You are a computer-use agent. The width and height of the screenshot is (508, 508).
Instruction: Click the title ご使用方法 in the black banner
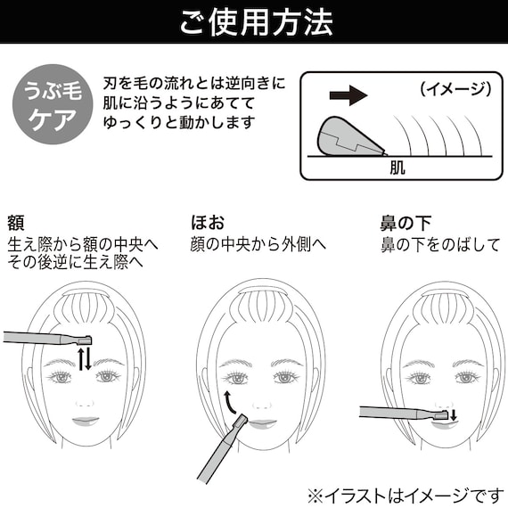pyautogui.click(x=253, y=20)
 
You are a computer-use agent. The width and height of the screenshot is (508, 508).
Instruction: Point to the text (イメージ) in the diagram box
pyautogui.click(x=455, y=88)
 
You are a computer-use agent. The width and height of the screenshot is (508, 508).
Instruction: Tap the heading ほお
pyautogui.click(x=207, y=222)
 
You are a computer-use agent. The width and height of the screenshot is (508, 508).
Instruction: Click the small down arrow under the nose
pyautogui.click(x=452, y=414)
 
